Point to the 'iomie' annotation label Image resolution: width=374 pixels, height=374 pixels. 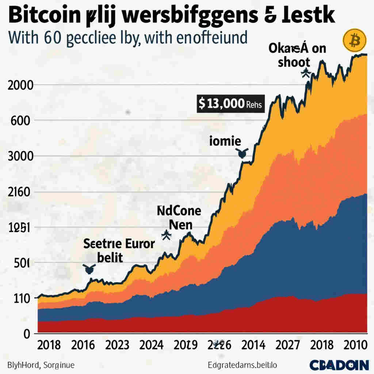click(x=225, y=141)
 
